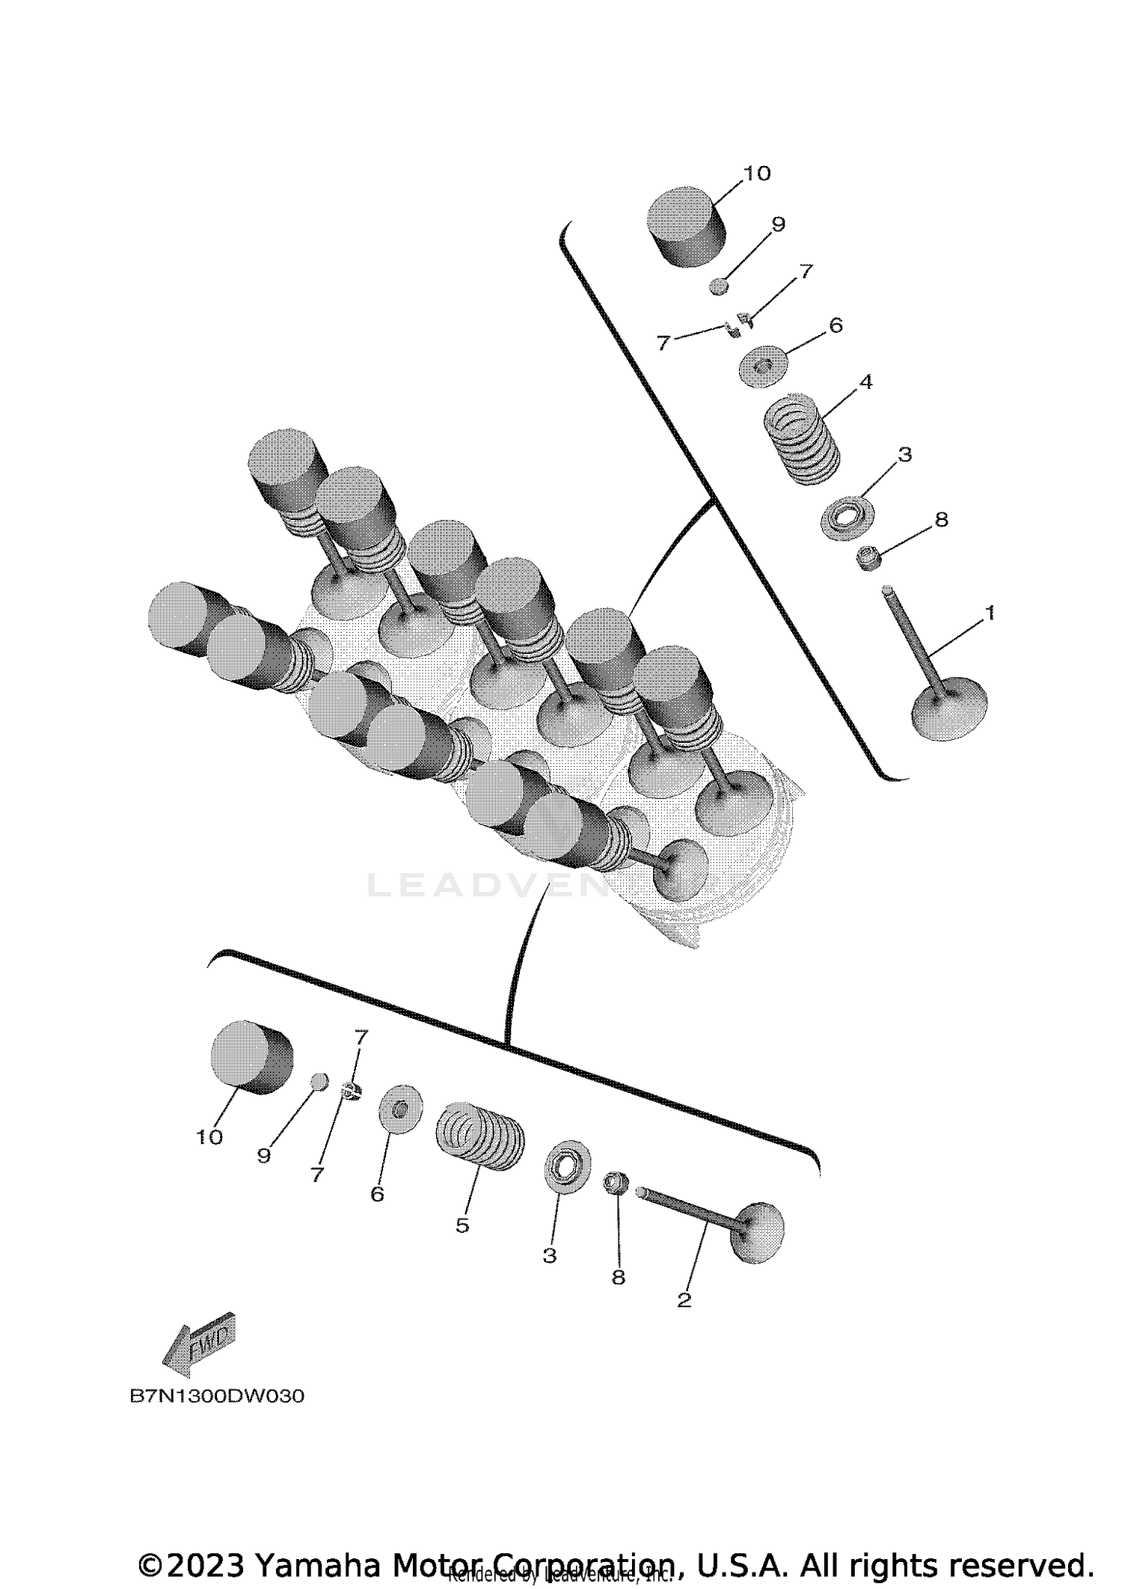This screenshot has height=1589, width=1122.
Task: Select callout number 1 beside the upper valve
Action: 989,613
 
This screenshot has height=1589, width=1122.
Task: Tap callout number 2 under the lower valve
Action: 684,1299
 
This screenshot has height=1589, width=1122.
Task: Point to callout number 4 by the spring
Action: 865,382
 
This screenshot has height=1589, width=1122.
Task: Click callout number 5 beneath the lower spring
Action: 462,1225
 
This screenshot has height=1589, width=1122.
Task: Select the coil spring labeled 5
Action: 479,1137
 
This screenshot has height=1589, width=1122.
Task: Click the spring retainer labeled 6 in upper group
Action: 762,366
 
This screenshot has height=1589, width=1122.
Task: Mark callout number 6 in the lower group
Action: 377,1194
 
